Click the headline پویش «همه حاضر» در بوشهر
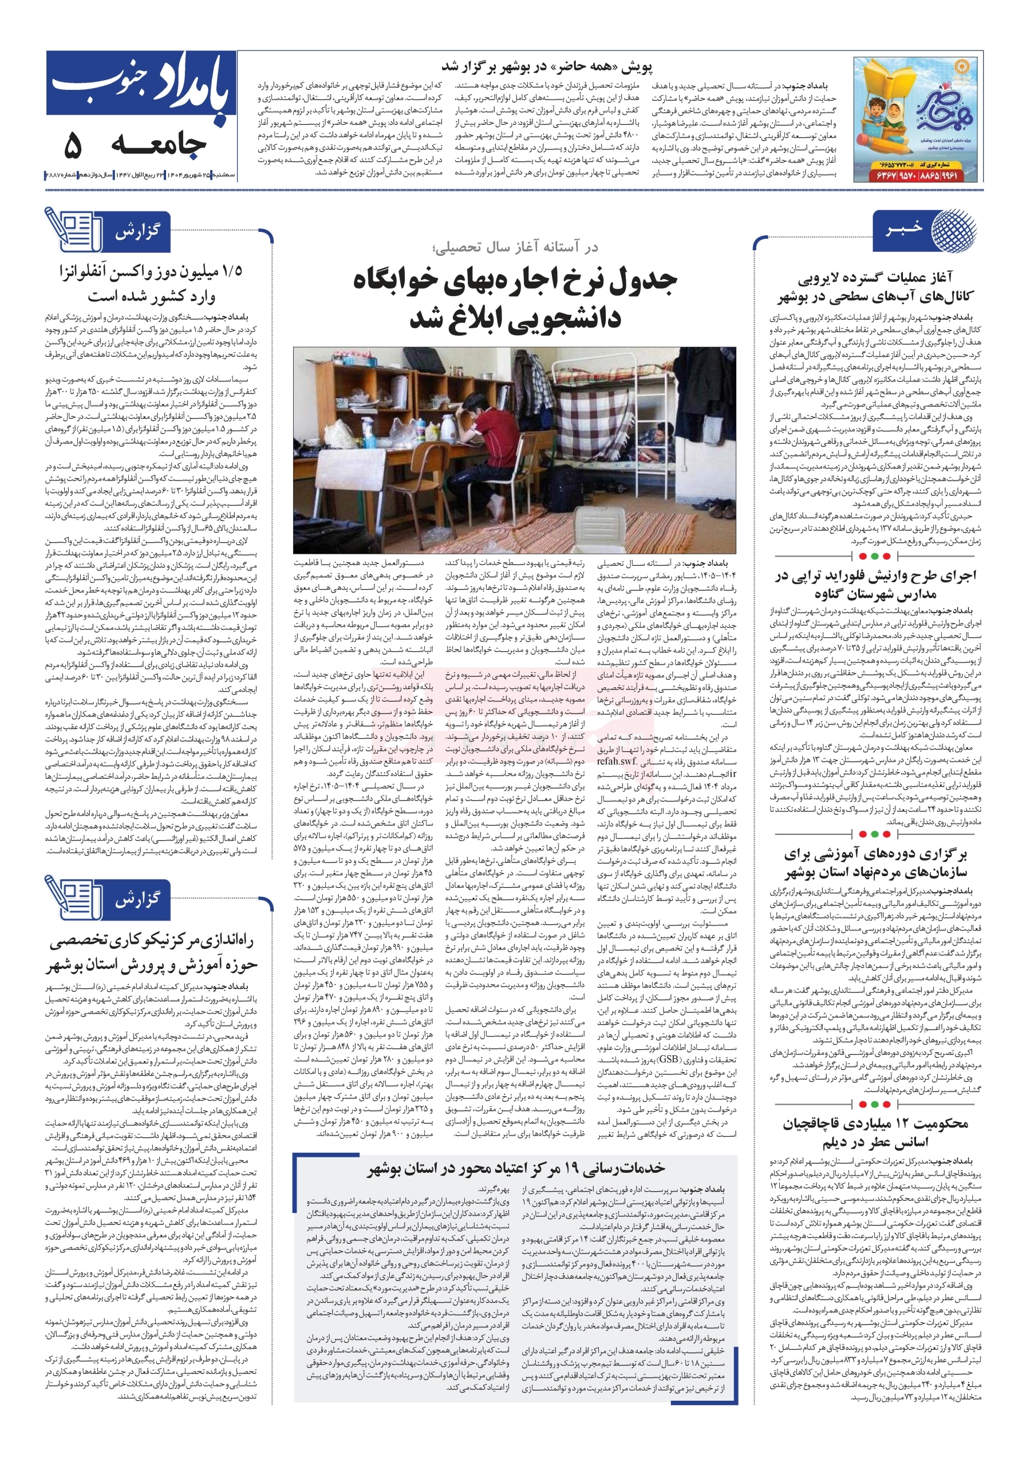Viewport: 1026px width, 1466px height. click(547, 66)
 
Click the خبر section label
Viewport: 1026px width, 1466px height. click(903, 228)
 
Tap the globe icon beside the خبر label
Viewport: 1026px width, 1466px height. click(953, 228)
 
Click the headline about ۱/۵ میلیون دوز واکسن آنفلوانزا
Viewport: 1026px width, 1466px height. click(151, 282)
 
